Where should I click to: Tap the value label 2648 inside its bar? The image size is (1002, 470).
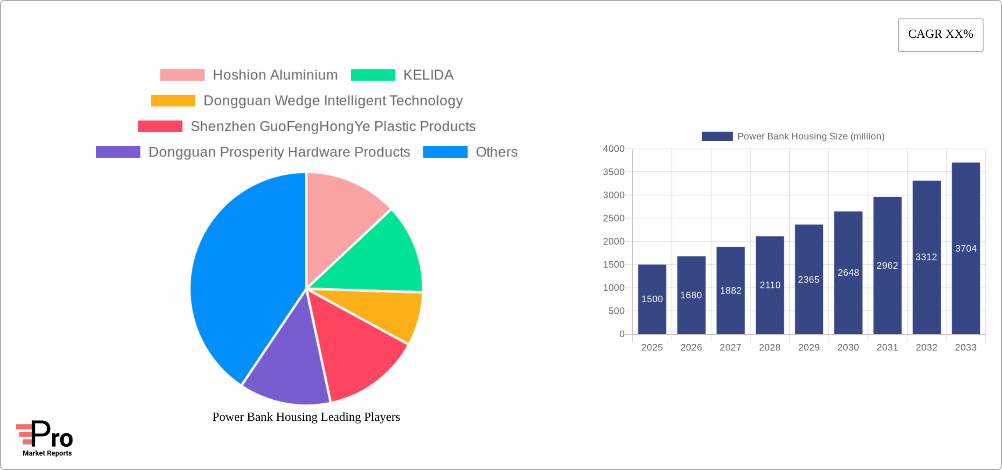pyautogui.click(x=848, y=273)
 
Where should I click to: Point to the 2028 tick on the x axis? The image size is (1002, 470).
pyautogui.click(x=770, y=347)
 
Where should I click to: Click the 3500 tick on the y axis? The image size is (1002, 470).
pyautogui.click(x=614, y=172)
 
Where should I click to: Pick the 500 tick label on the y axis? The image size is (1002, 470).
pyautogui.click(x=616, y=311)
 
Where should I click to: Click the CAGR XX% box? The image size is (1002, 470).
pyautogui.click(x=940, y=35)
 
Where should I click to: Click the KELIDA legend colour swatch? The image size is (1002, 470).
pyautogui.click(x=373, y=75)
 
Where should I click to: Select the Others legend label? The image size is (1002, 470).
pyautogui.click(x=496, y=152)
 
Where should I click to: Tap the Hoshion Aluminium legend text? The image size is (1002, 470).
pyautogui.click(x=275, y=75)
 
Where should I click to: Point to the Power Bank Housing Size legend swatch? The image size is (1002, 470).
pyautogui.click(x=717, y=137)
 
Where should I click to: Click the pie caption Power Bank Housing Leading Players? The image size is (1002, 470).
pyautogui.click(x=306, y=417)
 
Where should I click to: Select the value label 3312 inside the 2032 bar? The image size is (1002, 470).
pyautogui.click(x=926, y=257)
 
